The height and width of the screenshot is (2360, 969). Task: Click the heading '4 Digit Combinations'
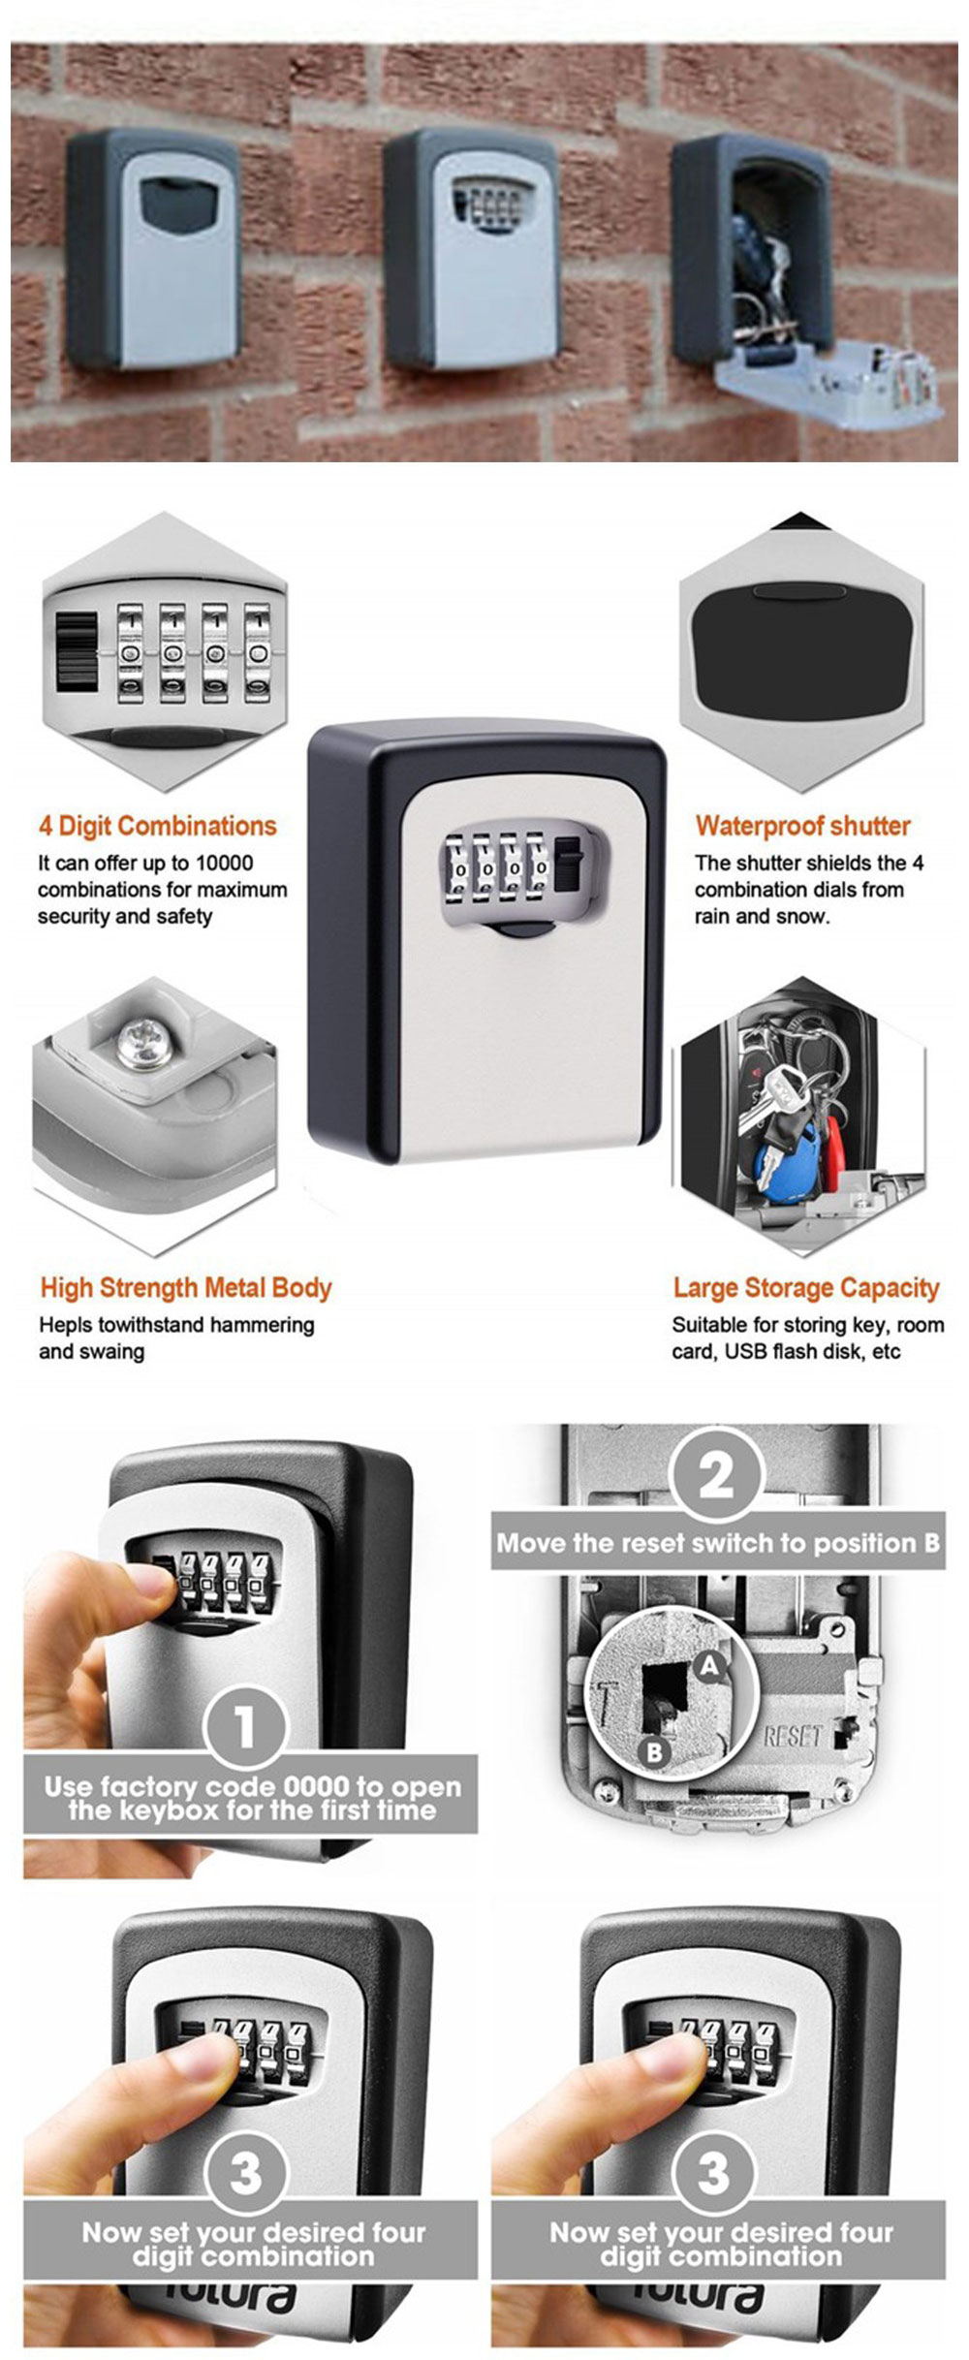[x=157, y=826]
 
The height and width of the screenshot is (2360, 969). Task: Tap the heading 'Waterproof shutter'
[x=802, y=826]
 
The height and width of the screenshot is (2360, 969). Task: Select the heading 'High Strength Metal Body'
[x=185, y=1287]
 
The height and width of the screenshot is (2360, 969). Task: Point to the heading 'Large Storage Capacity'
[x=806, y=1287]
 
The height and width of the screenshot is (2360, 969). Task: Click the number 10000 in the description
[x=224, y=863]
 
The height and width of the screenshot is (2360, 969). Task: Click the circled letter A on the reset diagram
[x=710, y=1665]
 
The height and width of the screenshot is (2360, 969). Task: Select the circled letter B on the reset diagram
[x=654, y=1751]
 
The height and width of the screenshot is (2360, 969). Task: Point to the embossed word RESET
[x=792, y=1736]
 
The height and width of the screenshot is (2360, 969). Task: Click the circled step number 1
[x=244, y=1726]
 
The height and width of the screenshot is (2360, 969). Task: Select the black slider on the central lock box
[x=571, y=867]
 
